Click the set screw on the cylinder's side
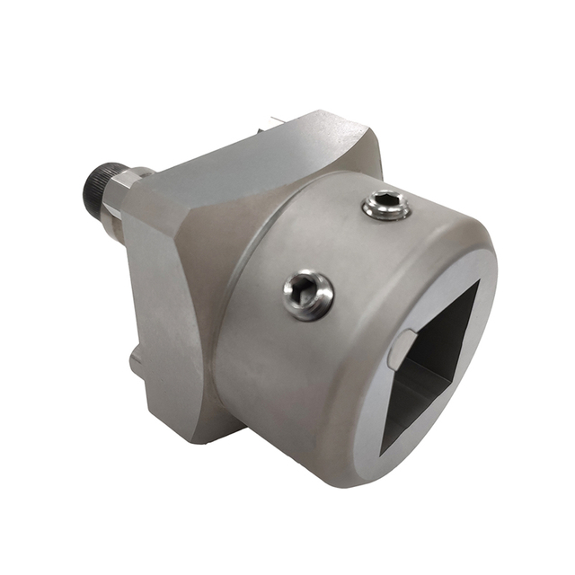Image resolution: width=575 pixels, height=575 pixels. click(308, 294)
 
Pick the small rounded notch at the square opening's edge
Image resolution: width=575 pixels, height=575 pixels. click(401, 346)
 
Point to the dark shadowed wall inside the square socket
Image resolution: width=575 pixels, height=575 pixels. click(449, 341)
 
